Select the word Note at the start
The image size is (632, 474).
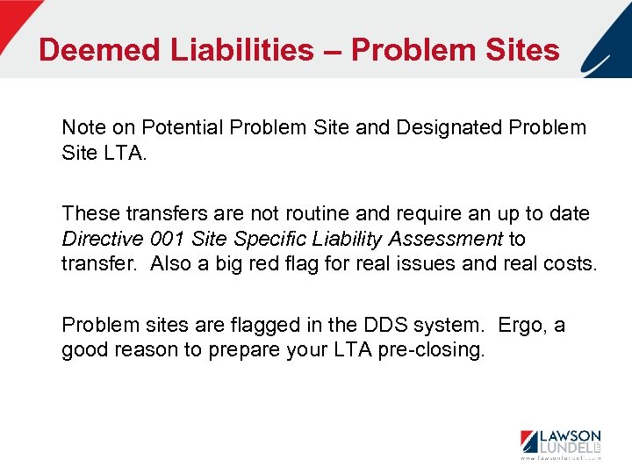click(x=83, y=128)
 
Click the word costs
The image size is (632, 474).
click(x=565, y=263)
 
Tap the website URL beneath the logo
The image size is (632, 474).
click(x=561, y=458)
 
